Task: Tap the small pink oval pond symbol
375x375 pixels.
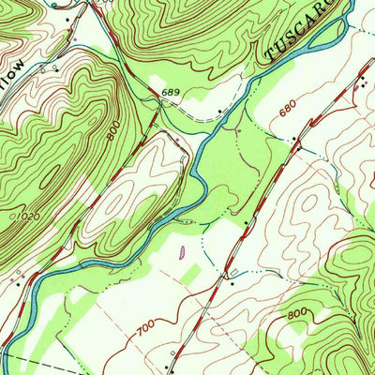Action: (x=180, y=250)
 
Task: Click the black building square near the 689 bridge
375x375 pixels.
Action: (x=219, y=111)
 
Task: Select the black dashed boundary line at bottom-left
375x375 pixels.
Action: (x=37, y=364)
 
